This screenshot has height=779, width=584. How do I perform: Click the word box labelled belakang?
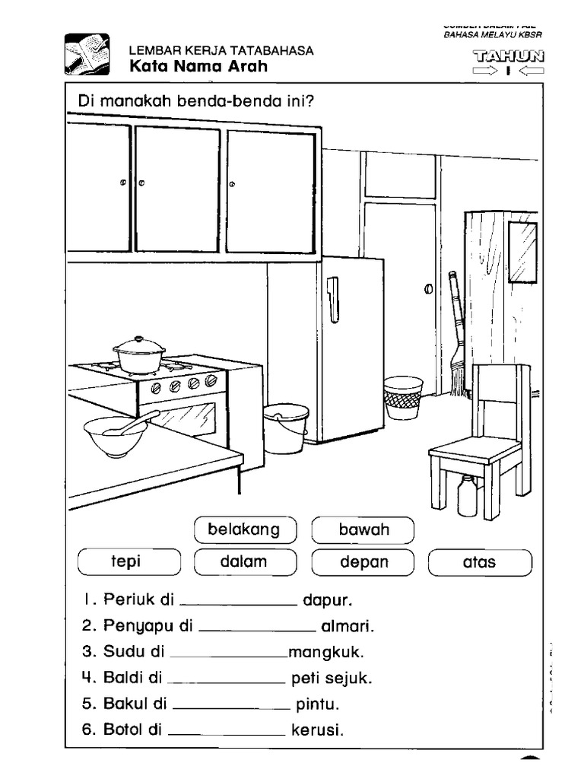[x=244, y=529]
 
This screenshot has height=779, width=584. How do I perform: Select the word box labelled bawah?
[x=363, y=529]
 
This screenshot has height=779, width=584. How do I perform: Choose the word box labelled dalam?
[x=244, y=562]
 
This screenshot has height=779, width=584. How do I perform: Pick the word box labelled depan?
[x=363, y=562]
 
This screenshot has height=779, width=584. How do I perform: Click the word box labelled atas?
[x=480, y=562]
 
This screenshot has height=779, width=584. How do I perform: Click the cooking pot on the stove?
[x=139, y=355]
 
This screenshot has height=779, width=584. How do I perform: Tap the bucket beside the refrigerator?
[x=286, y=428]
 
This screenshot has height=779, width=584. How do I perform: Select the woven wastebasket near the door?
[x=403, y=397]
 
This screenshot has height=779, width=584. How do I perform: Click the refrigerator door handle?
[x=332, y=299]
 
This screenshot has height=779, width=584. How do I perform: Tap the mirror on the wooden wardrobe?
[x=524, y=251]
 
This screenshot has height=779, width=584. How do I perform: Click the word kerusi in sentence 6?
[x=317, y=730]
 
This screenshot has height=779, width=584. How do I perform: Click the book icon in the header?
[x=87, y=56]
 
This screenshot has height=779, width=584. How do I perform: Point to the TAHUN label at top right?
[x=509, y=56]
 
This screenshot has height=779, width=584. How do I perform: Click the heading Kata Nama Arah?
[x=198, y=67]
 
